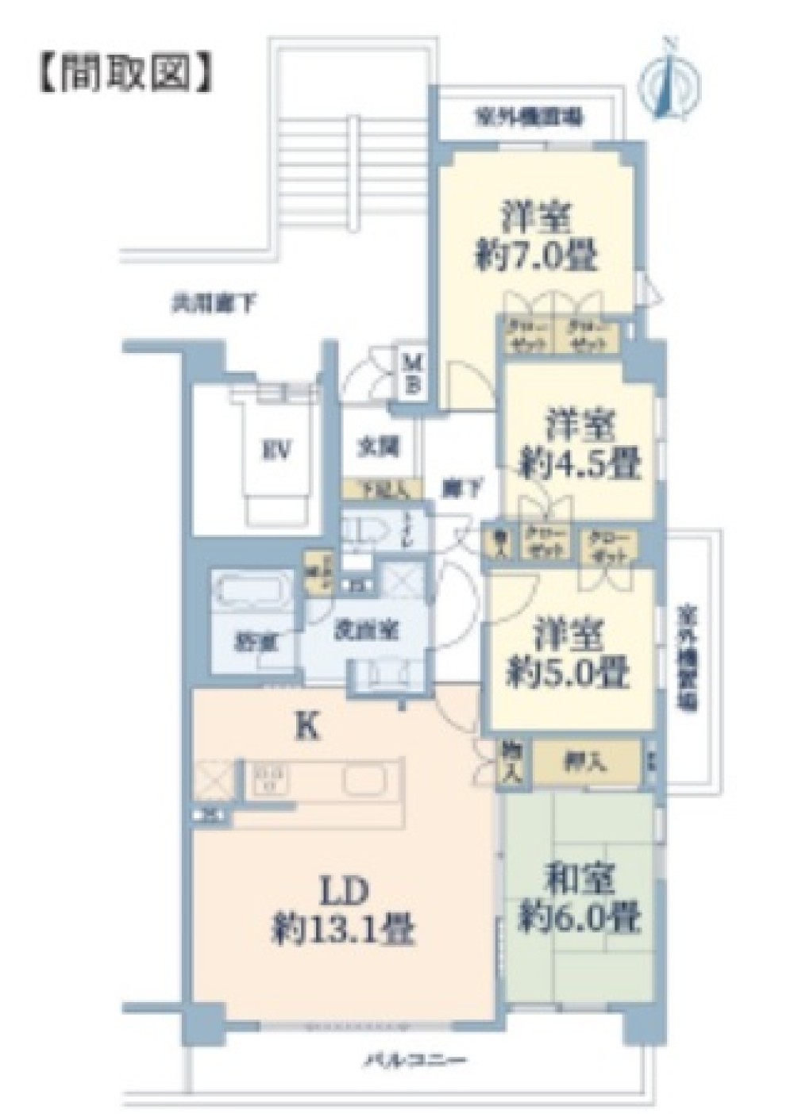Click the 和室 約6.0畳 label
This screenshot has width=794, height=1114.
pyautogui.click(x=580, y=900)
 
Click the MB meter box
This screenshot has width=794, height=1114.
pyautogui.click(x=414, y=375)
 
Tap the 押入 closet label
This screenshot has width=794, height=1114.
pyautogui.click(x=585, y=763)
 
